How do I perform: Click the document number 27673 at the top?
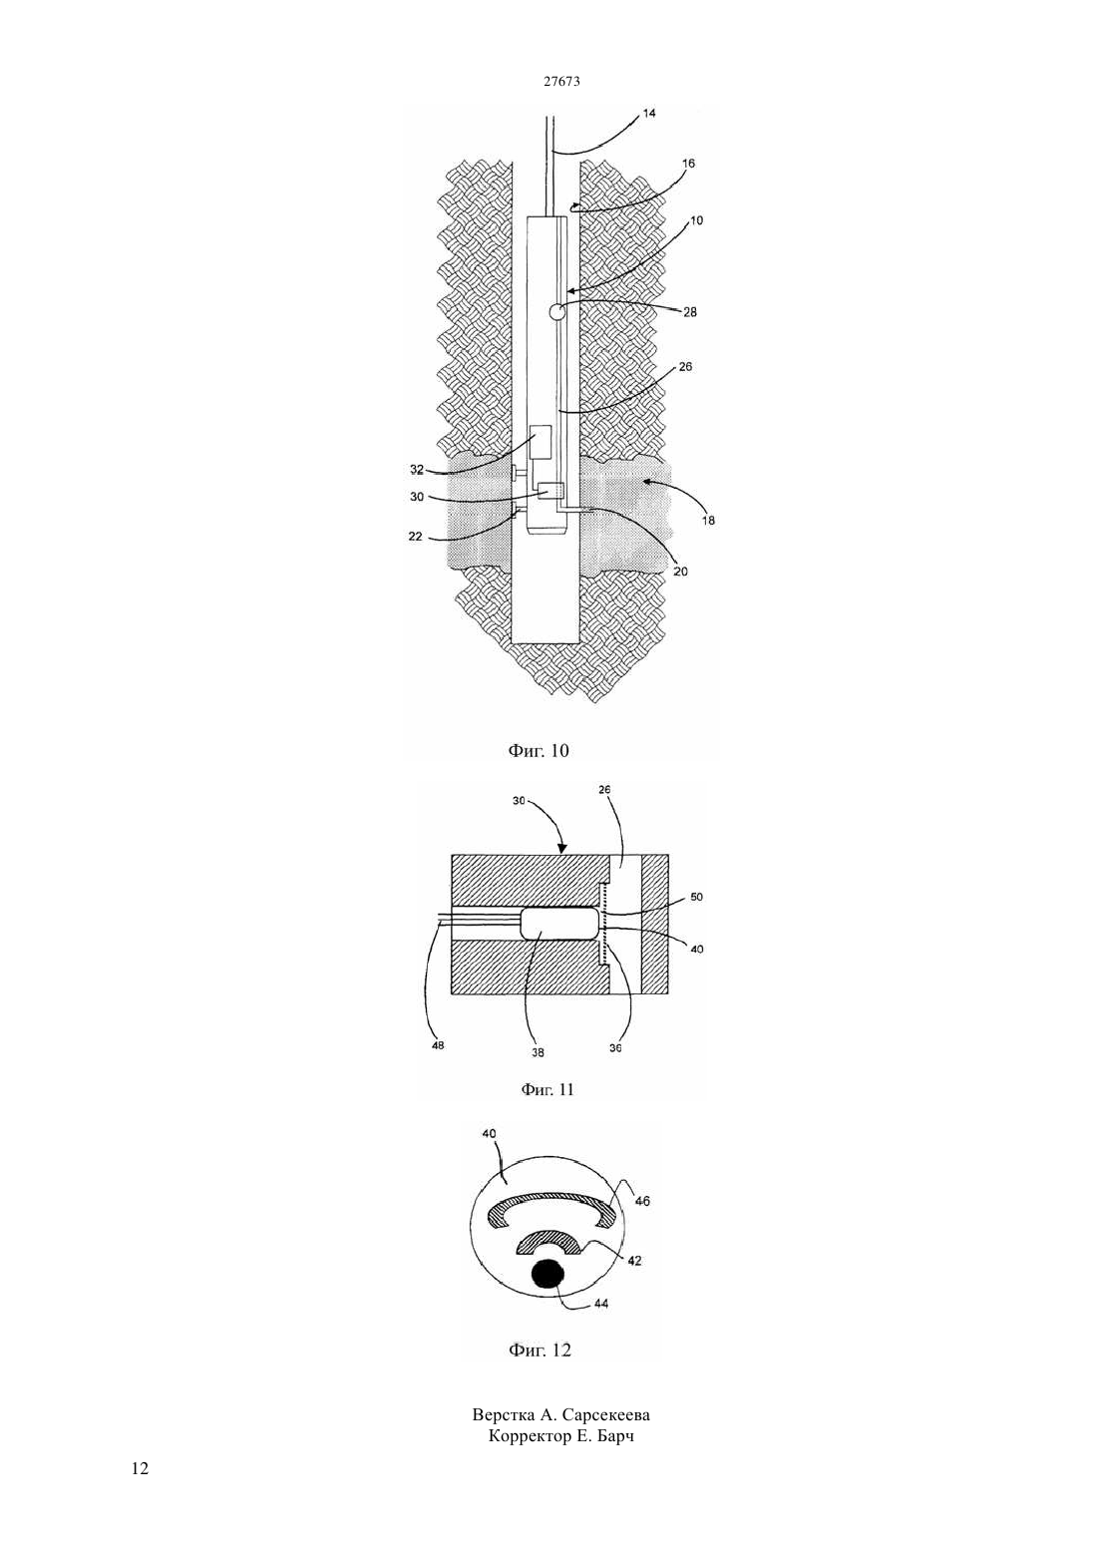pyautogui.click(x=561, y=81)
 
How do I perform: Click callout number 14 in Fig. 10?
pyautogui.click(x=649, y=113)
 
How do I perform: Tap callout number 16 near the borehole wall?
pyautogui.click(x=688, y=164)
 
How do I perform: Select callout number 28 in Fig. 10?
pyautogui.click(x=690, y=312)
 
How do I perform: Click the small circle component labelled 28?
pyautogui.click(x=557, y=312)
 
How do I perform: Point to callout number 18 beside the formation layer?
pyautogui.click(x=708, y=521)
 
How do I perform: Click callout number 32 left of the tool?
pyautogui.click(x=416, y=469)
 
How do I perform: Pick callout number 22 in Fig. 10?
pyautogui.click(x=416, y=536)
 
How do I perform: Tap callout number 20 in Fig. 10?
pyautogui.click(x=681, y=571)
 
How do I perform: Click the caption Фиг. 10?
pyautogui.click(x=539, y=750)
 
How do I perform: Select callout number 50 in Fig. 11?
pyautogui.click(x=697, y=897)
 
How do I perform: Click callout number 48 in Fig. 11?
pyautogui.click(x=437, y=1045)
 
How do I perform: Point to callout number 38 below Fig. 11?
pyautogui.click(x=538, y=1052)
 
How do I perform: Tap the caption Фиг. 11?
pyautogui.click(x=548, y=1089)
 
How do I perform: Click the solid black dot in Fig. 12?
pyautogui.click(x=548, y=1274)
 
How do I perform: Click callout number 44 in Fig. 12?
pyautogui.click(x=601, y=1304)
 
